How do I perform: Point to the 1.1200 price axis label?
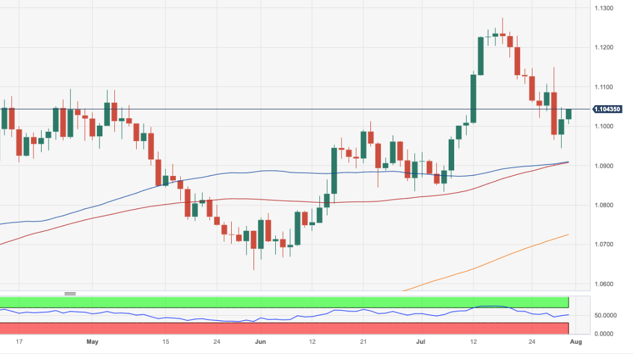tap(605, 47)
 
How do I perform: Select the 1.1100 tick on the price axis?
tap(605, 86)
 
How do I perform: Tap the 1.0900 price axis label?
tap(605, 166)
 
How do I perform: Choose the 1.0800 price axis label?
tap(605, 205)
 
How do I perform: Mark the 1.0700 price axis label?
tap(605, 244)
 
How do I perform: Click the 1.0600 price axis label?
tap(605, 284)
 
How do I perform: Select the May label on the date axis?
tap(93, 342)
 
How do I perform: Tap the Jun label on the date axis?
tap(261, 342)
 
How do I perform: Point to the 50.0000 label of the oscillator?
tap(605, 315)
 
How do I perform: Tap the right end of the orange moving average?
tap(568, 235)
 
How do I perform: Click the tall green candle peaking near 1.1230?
tap(481, 55)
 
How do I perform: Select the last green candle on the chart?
tap(569, 114)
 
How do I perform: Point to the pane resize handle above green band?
tap(70, 293)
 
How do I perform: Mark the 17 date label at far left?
tap(19, 342)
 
